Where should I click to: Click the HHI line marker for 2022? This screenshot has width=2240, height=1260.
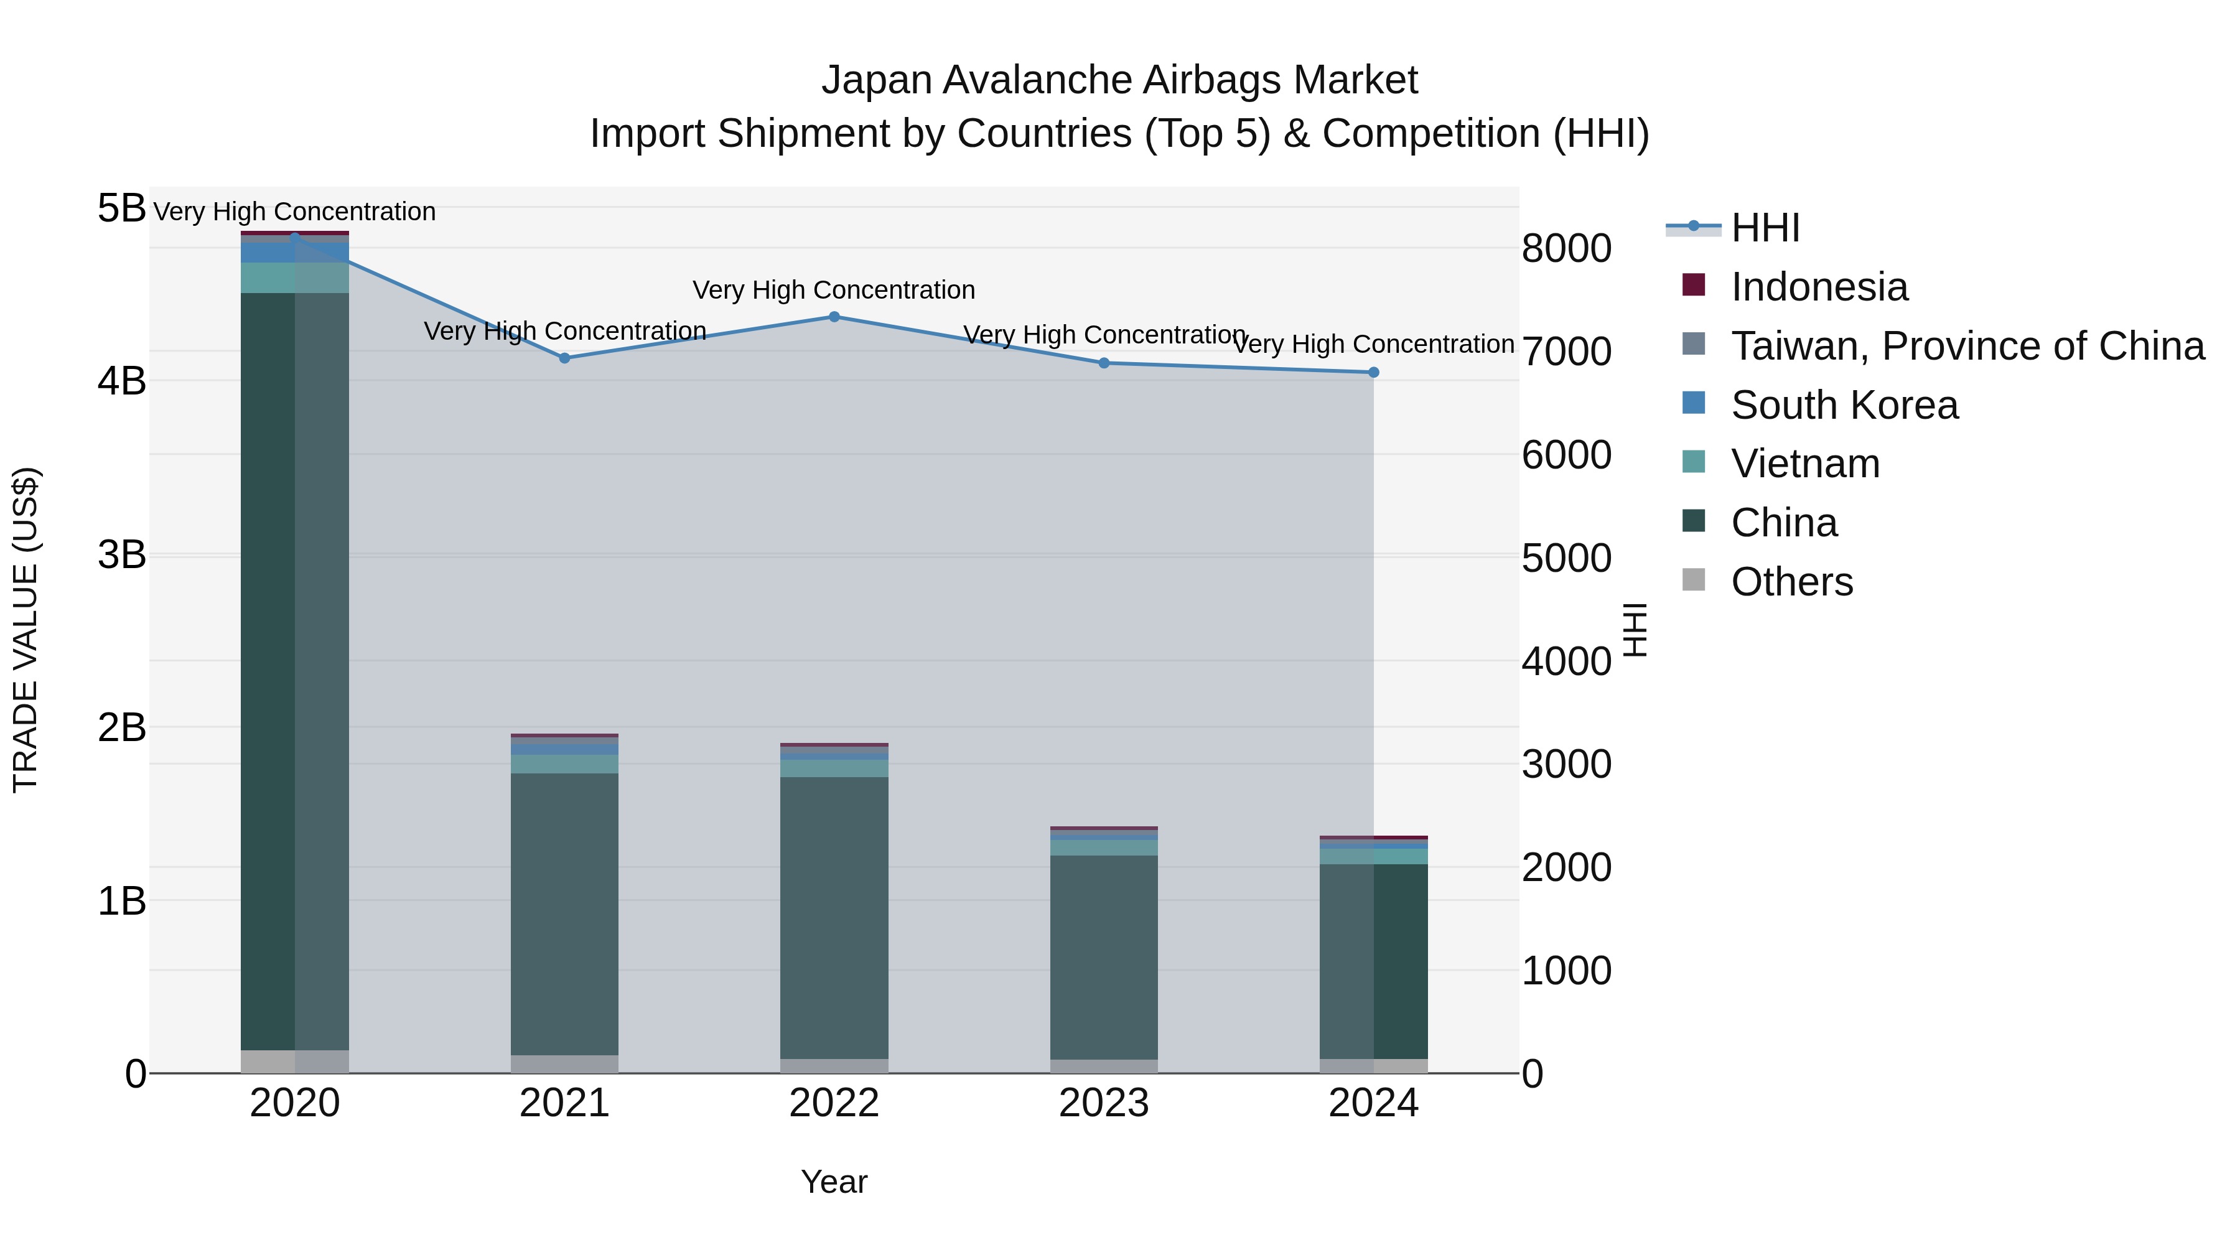click(x=834, y=317)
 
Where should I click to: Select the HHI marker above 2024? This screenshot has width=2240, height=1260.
click(x=1374, y=372)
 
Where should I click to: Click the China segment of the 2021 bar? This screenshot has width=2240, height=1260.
click(x=564, y=913)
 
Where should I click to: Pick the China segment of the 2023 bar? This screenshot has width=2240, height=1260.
click(x=1104, y=956)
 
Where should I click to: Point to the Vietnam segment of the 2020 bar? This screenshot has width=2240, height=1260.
click(x=295, y=278)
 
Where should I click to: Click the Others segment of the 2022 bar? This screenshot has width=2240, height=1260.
click(x=834, y=1065)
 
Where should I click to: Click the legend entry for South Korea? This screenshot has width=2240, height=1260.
click(x=1844, y=405)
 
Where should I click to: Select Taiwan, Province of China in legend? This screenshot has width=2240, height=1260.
click(x=1967, y=346)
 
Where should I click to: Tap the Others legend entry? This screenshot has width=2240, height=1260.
click(x=1791, y=582)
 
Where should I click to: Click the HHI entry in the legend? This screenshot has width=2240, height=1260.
click(x=1765, y=228)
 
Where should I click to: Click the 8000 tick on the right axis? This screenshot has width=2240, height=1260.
click(x=1566, y=249)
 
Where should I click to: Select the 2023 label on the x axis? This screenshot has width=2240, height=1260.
click(x=1104, y=1103)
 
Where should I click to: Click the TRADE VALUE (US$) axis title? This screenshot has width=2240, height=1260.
click(x=26, y=630)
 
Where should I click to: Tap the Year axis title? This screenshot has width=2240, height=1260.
click(x=834, y=1182)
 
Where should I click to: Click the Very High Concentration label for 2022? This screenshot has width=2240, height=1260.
click(x=834, y=289)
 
